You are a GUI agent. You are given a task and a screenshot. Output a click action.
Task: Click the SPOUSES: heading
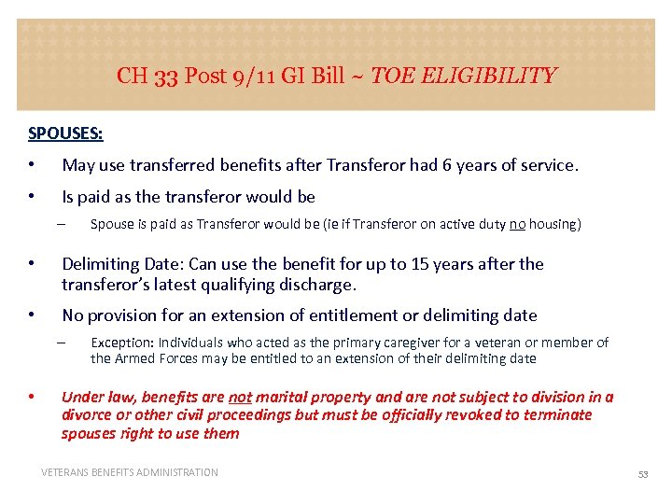(65, 133)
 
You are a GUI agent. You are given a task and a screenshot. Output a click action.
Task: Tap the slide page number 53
(642, 474)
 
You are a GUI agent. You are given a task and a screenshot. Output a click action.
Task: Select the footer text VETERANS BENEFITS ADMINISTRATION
(130, 473)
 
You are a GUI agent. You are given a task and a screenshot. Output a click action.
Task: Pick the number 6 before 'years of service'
(447, 165)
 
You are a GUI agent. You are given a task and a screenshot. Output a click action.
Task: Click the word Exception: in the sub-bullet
(121, 343)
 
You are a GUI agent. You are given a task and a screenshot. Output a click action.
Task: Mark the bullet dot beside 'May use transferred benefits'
(32, 165)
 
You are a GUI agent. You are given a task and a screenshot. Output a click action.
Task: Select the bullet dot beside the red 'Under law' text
(32, 397)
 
